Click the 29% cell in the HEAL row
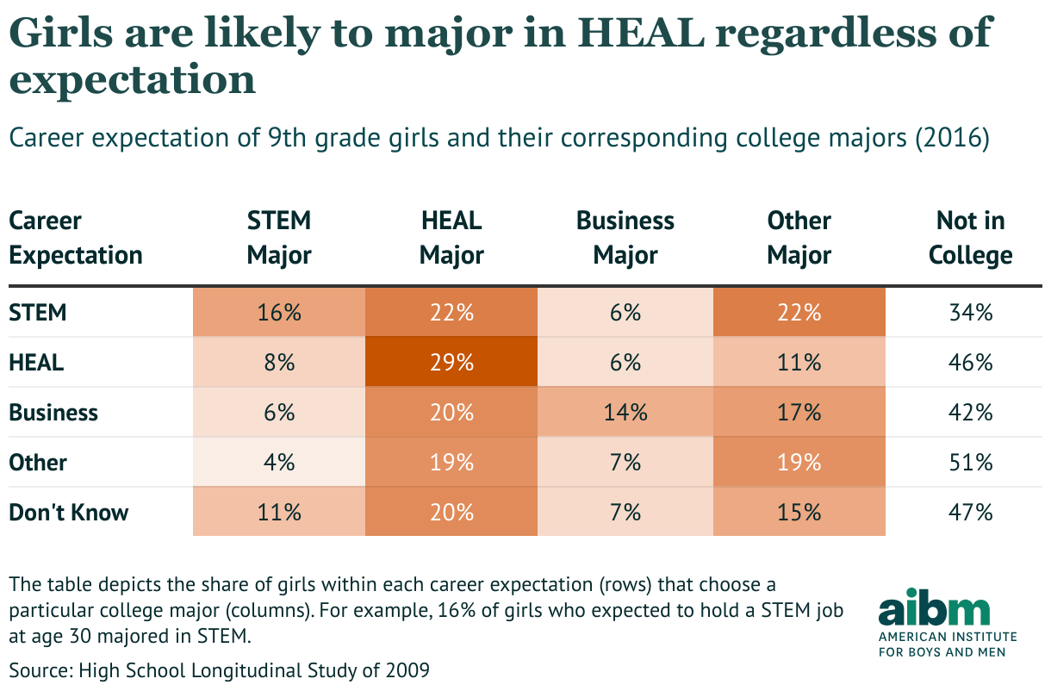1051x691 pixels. point(452,362)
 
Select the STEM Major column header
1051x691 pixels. point(279,238)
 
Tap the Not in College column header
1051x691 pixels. point(970,238)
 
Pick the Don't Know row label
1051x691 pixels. point(69,512)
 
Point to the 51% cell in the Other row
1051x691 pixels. point(971,462)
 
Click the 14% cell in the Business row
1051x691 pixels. point(625,412)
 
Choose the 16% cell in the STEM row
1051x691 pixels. point(279,312)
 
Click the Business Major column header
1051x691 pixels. point(625,238)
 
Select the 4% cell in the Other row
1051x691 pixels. point(279,462)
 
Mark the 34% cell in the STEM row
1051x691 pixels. point(971,312)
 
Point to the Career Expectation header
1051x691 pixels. point(75,238)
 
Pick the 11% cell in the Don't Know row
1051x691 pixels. point(279,512)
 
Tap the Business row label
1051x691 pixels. point(53,412)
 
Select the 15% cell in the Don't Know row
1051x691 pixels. point(799,512)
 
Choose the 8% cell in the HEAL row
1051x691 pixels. point(279,362)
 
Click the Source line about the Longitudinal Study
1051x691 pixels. point(219,669)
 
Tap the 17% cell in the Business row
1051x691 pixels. point(799,412)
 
